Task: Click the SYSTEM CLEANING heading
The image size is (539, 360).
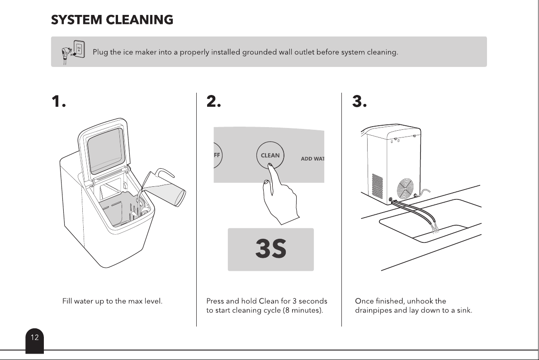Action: [112, 20]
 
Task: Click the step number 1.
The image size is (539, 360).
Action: [58, 101]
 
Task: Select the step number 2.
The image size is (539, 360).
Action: [213, 101]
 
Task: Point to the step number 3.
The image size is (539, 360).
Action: [359, 101]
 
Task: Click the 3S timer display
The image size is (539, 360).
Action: [271, 249]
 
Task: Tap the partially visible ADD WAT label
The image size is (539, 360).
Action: [312, 159]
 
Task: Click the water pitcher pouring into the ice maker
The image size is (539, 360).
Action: [165, 187]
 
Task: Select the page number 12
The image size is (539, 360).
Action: [35, 337]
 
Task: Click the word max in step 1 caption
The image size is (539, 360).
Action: [135, 301]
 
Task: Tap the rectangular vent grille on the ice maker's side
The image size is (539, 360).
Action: [378, 186]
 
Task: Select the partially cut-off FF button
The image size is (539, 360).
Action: [217, 155]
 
